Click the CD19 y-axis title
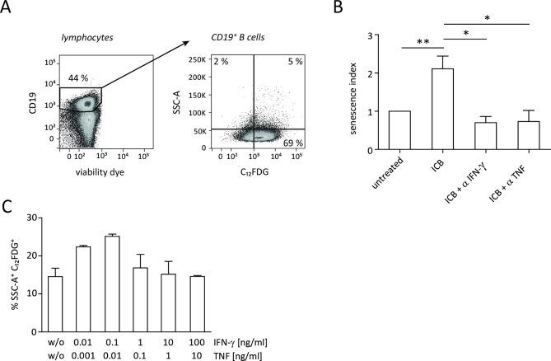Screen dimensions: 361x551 (30, 105)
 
